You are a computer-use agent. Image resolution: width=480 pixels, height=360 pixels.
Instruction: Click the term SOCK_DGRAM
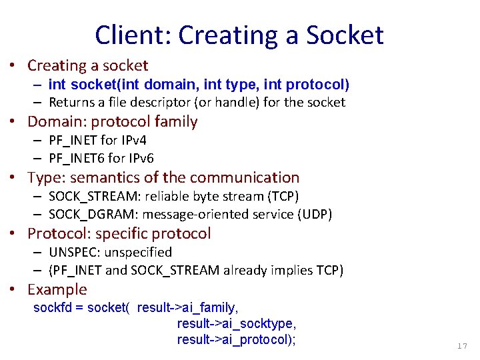pyautogui.click(x=89, y=214)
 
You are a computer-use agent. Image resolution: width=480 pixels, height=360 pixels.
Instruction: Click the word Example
pyautogui.click(x=57, y=289)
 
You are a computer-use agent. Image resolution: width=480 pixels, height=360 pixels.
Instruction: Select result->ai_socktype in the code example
pyautogui.click(x=236, y=323)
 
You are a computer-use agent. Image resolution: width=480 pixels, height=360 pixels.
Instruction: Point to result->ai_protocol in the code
pyautogui.click(x=236, y=339)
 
